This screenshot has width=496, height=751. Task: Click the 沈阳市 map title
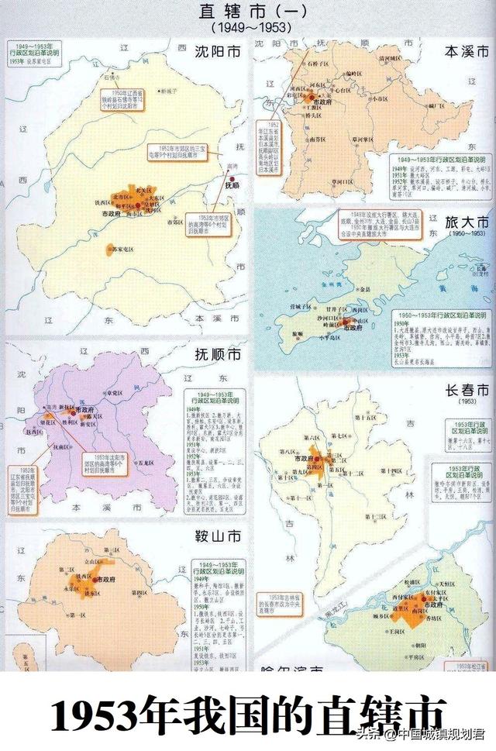[218, 56]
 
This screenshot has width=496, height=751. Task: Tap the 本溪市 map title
[467, 52]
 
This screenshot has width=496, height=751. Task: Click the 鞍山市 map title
[217, 534]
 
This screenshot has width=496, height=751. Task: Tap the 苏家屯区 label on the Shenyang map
[124, 250]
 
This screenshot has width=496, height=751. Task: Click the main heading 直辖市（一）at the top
[247, 12]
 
